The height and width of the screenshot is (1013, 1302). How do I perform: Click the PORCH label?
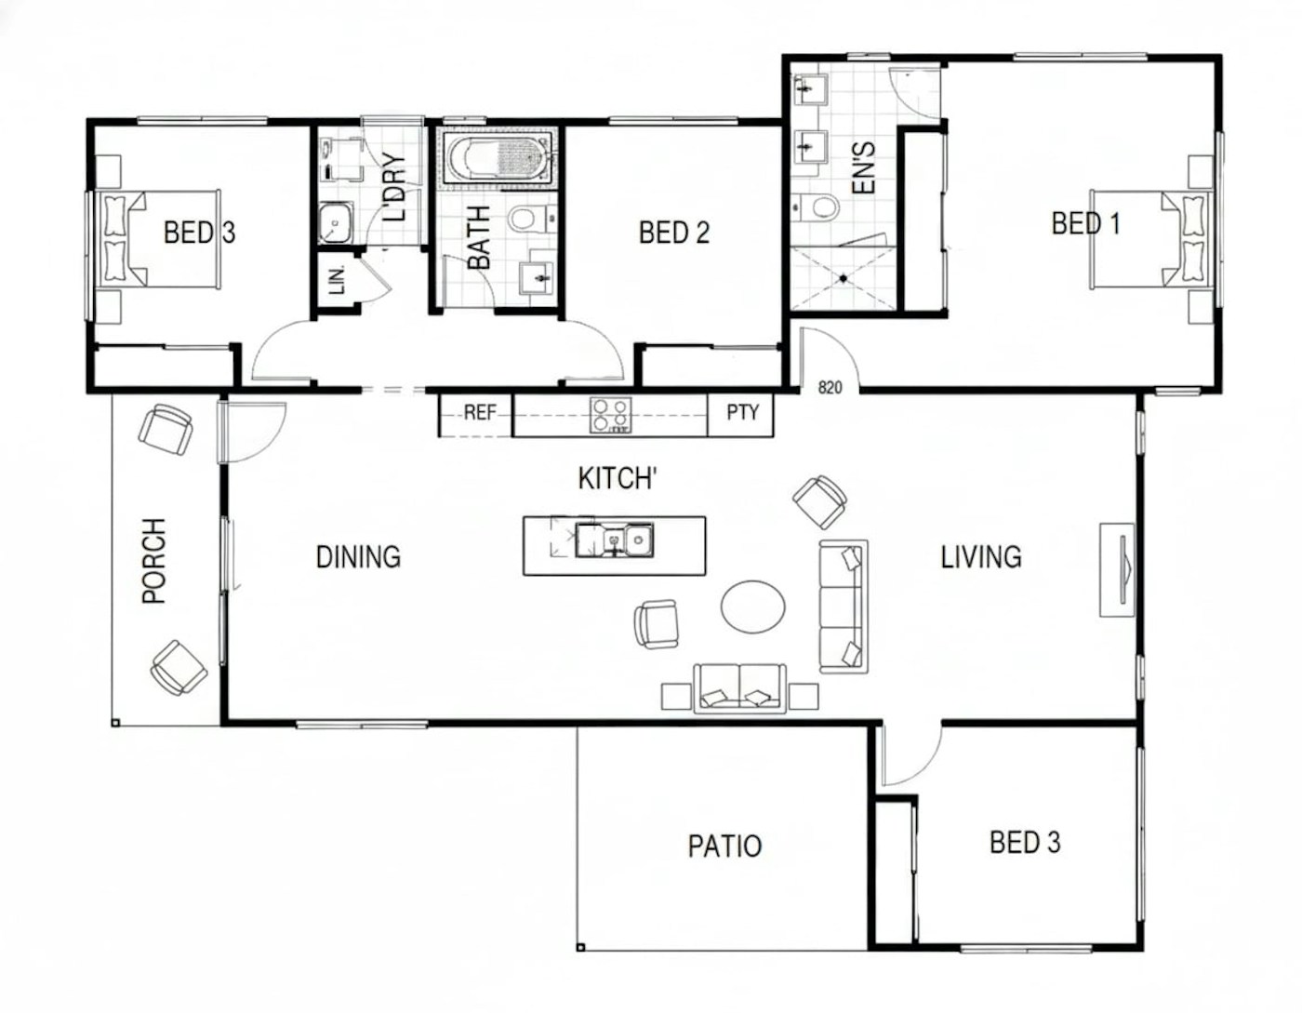153,561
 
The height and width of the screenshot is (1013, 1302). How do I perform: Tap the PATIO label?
724,846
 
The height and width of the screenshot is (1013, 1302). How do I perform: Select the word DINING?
358,557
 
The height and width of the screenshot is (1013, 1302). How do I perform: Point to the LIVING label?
981,557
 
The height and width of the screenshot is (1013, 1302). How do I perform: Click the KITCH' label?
618,479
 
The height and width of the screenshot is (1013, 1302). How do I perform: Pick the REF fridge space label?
480,412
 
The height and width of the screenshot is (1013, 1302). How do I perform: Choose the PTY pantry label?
742,412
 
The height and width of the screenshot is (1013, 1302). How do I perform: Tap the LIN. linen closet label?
338,280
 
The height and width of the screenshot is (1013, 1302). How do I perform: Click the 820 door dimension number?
830,388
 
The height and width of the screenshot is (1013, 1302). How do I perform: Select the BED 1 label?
1085,223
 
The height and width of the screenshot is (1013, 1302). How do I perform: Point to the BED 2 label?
674,233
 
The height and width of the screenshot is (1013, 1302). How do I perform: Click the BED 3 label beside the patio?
1025,842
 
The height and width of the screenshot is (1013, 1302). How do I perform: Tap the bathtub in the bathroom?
498,159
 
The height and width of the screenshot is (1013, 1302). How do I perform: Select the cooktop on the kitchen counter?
610,415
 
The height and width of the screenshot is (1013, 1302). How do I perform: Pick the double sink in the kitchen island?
614,540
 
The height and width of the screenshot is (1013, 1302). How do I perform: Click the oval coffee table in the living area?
753,606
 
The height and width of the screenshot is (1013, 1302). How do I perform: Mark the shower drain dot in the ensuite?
843,278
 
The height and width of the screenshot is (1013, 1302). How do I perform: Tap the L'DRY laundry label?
393,188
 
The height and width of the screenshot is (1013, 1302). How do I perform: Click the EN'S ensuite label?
863,167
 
